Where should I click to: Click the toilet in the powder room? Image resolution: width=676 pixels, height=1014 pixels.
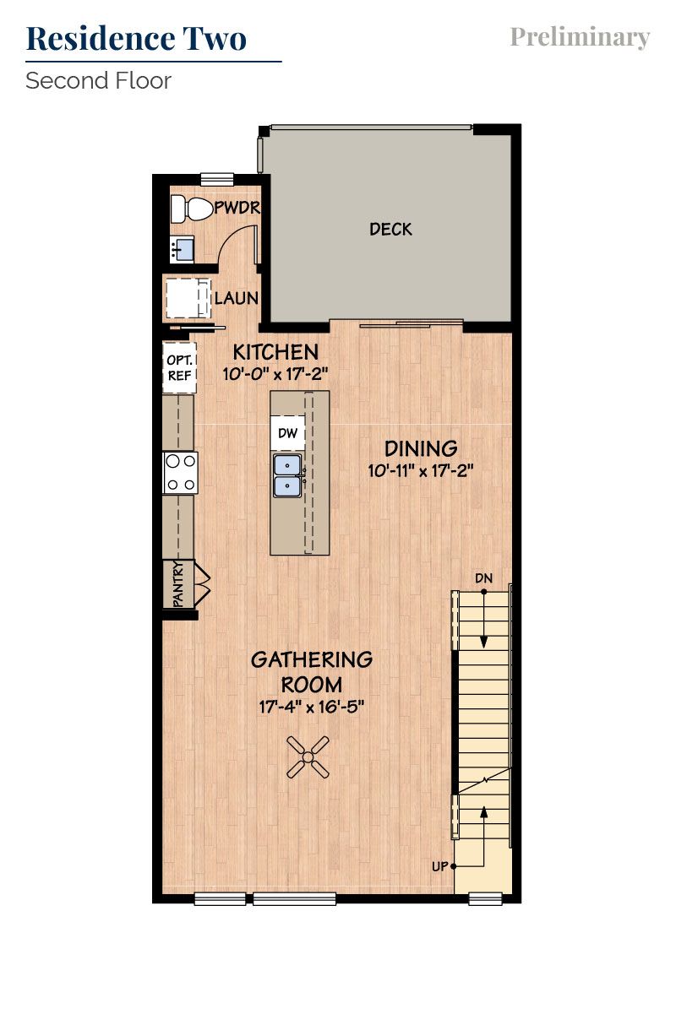(x=184, y=208)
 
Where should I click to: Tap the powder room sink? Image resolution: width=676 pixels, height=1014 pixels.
(x=182, y=249)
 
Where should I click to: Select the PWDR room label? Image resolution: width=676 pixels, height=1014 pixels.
(x=237, y=208)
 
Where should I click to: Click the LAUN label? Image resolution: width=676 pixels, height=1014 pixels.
(x=236, y=298)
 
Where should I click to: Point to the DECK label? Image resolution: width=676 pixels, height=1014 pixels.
(x=390, y=229)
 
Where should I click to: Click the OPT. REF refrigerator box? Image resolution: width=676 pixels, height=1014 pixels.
(x=179, y=367)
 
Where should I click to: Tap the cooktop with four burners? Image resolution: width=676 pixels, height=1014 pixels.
(x=180, y=473)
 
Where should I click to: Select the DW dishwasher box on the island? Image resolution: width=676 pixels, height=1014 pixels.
(x=287, y=433)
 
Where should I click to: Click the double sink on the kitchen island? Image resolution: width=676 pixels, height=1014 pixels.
(x=288, y=475)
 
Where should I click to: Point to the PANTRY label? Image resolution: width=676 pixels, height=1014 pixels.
(x=178, y=584)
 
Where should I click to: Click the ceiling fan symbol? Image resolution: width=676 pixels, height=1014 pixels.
(x=308, y=756)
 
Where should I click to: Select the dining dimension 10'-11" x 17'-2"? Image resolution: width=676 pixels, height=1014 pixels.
(x=420, y=471)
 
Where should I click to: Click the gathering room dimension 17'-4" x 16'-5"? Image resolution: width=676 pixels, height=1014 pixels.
(x=311, y=707)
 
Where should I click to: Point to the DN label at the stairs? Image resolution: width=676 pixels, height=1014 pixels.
(x=483, y=578)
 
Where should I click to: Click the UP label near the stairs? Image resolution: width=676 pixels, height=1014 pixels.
(x=440, y=866)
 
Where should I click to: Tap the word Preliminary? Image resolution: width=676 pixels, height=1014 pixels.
(x=580, y=37)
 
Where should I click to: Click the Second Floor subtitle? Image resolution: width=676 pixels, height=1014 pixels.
(x=98, y=81)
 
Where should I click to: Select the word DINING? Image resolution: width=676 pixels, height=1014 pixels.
(x=421, y=448)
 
